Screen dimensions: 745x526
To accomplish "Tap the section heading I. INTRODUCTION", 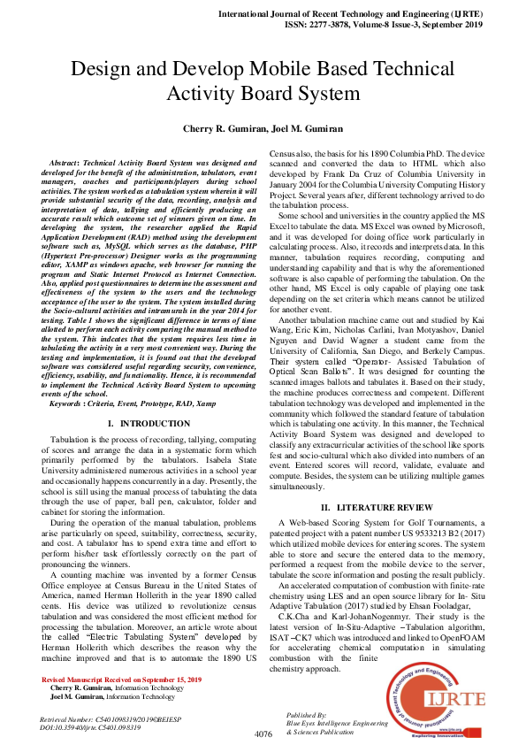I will coord(148,424).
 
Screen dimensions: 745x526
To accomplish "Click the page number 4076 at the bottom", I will coord(263,733).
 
